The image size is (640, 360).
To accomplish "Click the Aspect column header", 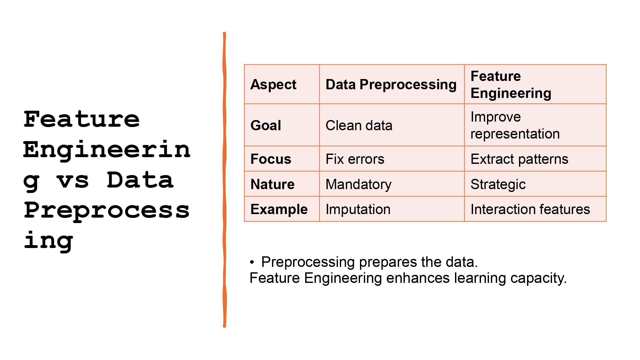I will [273, 84].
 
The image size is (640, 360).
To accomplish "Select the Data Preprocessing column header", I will [391, 84].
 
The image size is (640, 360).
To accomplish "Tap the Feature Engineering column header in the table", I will [511, 84].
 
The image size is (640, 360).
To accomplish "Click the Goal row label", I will [266, 125].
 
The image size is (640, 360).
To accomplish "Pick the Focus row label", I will [271, 159].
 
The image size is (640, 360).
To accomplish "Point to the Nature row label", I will [272, 184].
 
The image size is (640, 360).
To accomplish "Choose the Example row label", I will [279, 209].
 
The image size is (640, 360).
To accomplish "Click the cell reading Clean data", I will [359, 125].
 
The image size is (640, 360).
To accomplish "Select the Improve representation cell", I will [515, 125].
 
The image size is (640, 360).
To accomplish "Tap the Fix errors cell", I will [355, 159].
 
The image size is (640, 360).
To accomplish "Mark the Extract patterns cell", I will [519, 159].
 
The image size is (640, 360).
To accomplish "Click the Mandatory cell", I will [358, 184].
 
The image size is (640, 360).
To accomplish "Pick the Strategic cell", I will [498, 184].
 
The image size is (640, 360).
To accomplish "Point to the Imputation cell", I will [358, 209].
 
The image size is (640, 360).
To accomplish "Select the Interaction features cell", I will [530, 209].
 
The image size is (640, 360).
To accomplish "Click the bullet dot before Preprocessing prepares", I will [252, 262].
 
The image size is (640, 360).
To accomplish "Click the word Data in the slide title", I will [140, 180].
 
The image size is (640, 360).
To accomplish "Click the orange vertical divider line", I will [225, 179].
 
